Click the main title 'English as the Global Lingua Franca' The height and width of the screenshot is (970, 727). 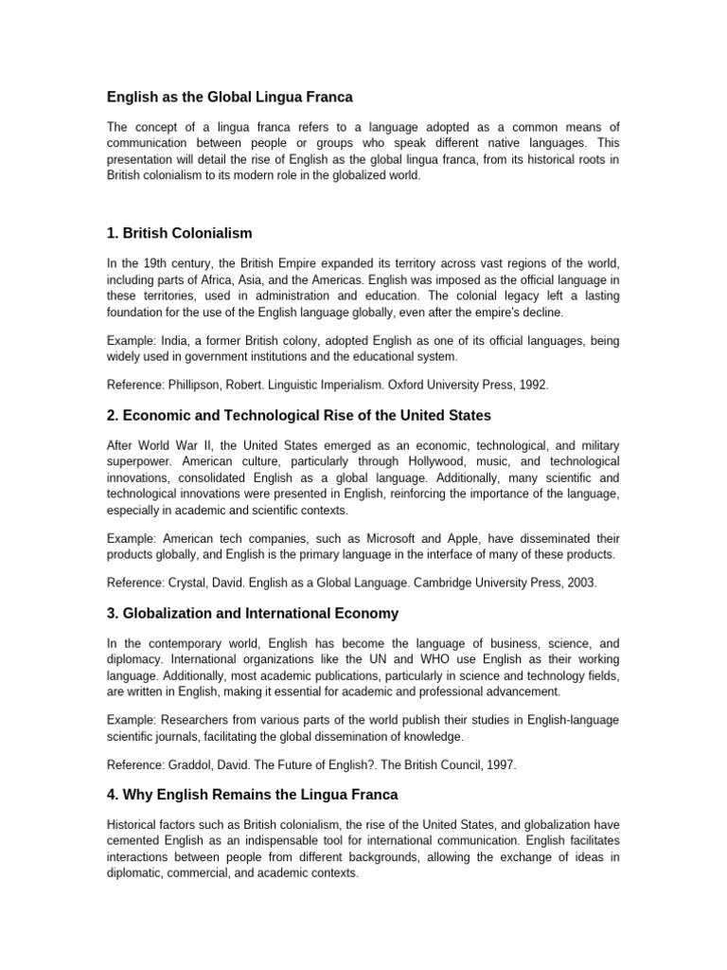pyautogui.click(x=228, y=97)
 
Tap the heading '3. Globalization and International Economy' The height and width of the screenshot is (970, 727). pyautogui.click(x=252, y=613)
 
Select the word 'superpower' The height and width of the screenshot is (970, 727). pyautogui.click(x=137, y=462)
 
